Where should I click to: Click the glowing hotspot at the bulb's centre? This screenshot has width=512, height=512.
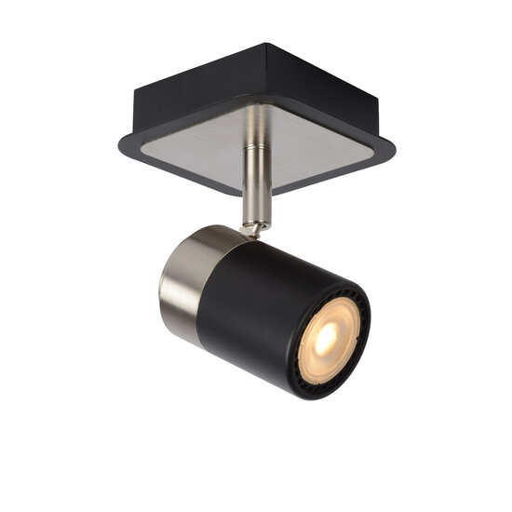325,339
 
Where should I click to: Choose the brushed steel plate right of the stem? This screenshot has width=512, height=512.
321,140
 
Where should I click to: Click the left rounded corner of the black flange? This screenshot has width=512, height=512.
121,144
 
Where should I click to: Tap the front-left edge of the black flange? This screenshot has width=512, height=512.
177,171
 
